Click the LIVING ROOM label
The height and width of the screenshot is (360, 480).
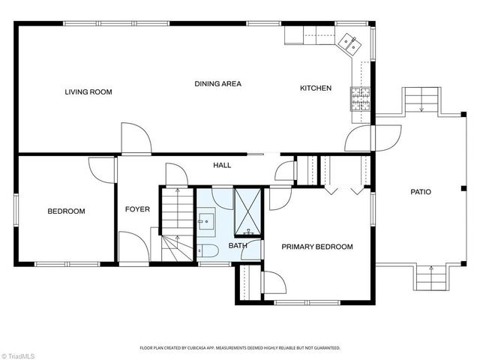point(88,92)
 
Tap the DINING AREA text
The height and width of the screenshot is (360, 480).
point(217,83)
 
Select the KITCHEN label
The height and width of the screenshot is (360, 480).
point(315,88)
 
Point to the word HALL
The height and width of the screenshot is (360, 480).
point(222,165)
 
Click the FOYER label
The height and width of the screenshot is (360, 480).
point(137,209)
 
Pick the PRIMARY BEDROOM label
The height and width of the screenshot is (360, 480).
point(316,246)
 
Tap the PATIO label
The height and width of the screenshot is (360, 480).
point(420,192)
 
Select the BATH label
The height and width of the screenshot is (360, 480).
point(238,245)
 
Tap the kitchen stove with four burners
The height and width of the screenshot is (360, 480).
point(361,100)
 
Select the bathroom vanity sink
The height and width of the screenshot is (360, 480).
point(205,222)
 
